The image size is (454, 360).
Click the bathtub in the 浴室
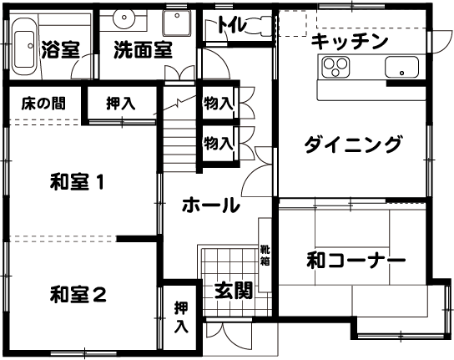[x=24, y=47]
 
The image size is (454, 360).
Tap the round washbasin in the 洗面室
[x=124, y=18]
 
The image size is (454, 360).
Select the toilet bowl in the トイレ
[x=260, y=26]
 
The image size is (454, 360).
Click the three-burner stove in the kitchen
[x=335, y=67]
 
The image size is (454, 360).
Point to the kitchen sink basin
[x=401, y=68]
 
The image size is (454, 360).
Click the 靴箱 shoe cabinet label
[x=265, y=255]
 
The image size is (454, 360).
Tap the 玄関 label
[x=234, y=291]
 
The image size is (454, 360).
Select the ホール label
[x=211, y=205]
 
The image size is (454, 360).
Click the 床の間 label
[x=43, y=104]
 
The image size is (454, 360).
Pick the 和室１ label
[x=77, y=182]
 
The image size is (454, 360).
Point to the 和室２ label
[x=78, y=294]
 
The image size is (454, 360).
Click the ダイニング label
[x=353, y=144]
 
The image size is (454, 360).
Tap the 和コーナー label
[x=356, y=261]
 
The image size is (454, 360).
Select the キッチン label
[x=350, y=42]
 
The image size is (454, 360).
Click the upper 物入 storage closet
[x=219, y=103]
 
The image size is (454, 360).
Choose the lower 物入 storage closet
[x=219, y=144]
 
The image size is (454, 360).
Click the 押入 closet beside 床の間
[x=122, y=103]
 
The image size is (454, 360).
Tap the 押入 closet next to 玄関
[x=182, y=317]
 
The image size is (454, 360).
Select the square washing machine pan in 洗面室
[x=176, y=23]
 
